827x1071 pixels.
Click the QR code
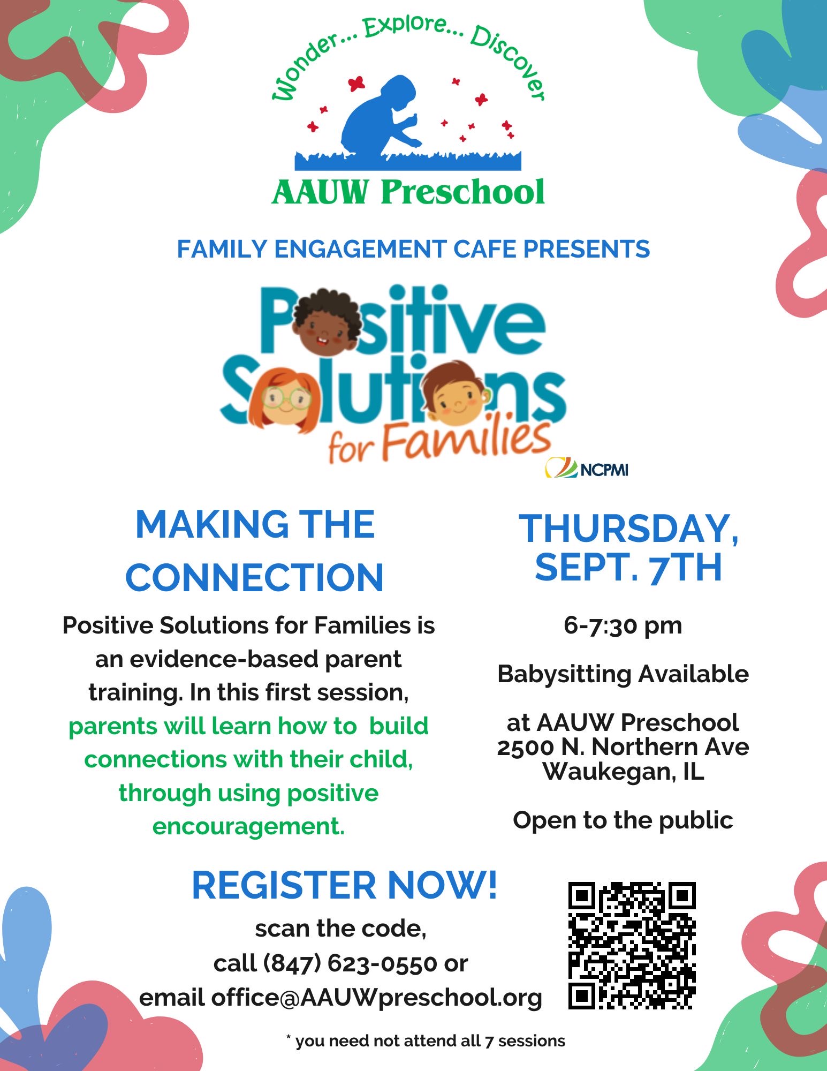click(x=632, y=946)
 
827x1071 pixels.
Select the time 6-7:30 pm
click(x=623, y=625)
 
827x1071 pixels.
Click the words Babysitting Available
click(x=623, y=674)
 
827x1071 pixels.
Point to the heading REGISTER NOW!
click(x=345, y=885)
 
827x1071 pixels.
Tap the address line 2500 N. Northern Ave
click(x=623, y=747)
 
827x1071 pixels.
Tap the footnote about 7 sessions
click(x=426, y=1041)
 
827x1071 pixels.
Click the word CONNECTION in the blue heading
click(x=254, y=577)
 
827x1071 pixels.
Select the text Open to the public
click(x=623, y=820)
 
